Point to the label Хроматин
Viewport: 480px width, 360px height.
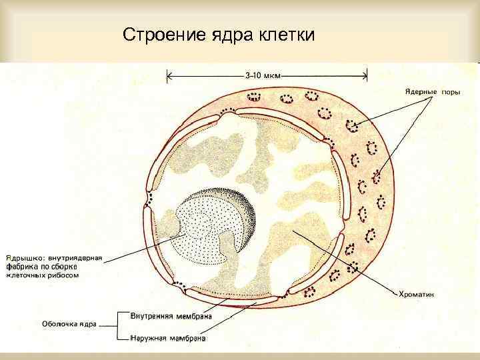[x=416, y=293]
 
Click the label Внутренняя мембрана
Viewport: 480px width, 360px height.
[x=172, y=315]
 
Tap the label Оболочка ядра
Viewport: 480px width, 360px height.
[x=70, y=324]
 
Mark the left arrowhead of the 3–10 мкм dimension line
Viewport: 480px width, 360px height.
[x=169, y=76]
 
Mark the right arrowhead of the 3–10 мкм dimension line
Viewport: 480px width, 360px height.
[x=366, y=76]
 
